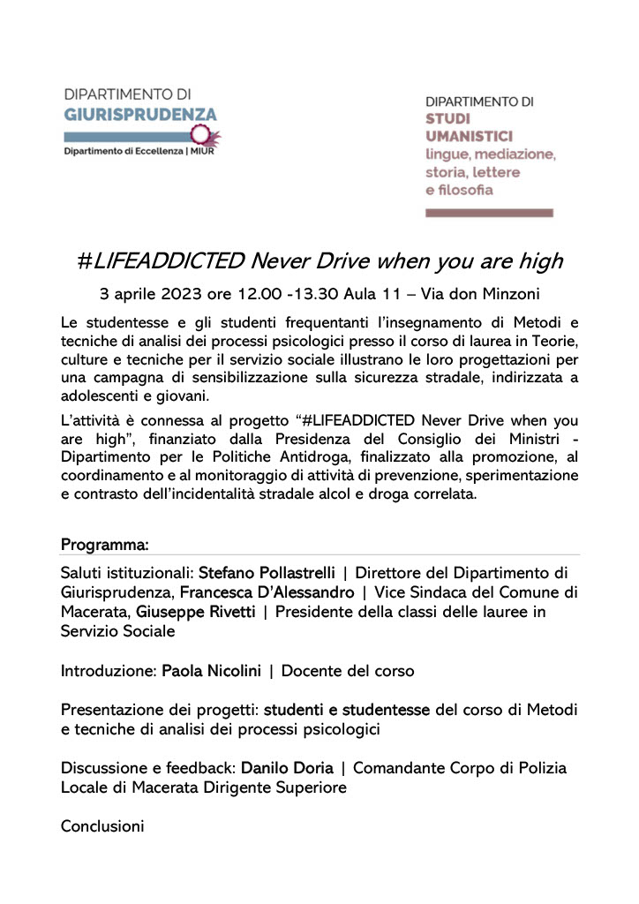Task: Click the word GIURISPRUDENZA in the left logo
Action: click(x=140, y=115)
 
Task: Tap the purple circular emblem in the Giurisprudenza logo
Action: click(x=204, y=134)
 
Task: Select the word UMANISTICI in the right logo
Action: click(x=469, y=136)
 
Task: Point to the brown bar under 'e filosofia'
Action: click(x=489, y=213)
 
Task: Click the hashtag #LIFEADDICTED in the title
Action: click(x=160, y=261)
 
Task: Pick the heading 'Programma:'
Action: click(x=104, y=542)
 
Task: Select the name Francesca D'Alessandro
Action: click(x=270, y=591)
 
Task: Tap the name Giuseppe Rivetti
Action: click(x=189, y=611)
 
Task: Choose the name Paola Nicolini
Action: click(x=211, y=671)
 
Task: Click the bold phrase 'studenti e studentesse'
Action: click(x=347, y=710)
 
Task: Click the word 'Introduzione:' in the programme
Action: click(x=109, y=671)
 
